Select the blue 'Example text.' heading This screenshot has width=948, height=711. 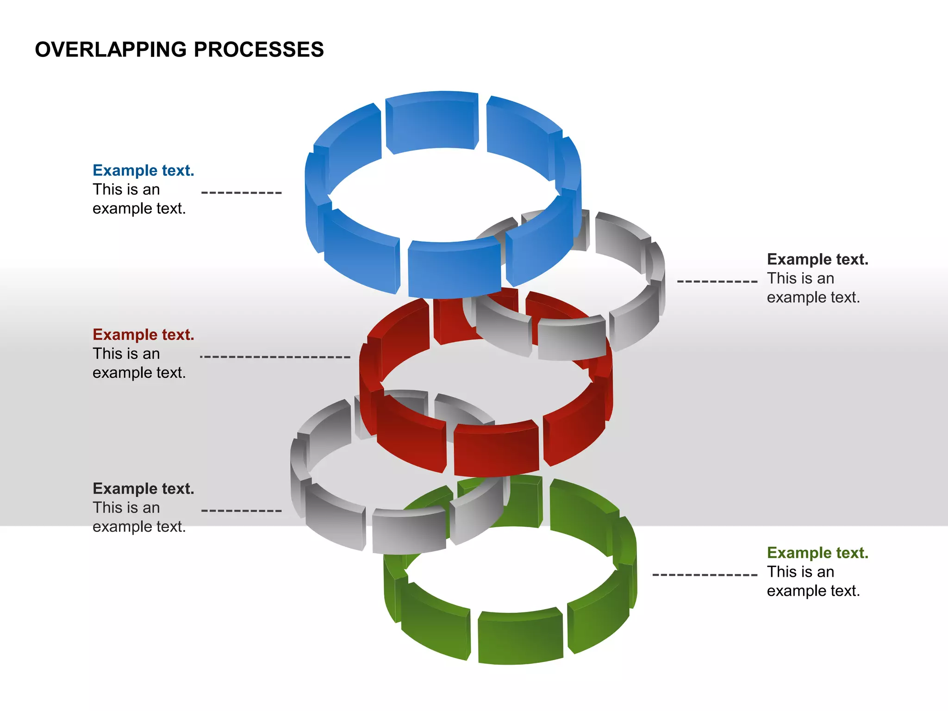[x=143, y=170]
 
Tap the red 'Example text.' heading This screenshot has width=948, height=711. [x=143, y=335]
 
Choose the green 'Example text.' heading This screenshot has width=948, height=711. [x=817, y=553]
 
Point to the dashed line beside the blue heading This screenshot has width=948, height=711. [x=241, y=193]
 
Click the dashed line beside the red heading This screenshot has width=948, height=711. [x=275, y=357]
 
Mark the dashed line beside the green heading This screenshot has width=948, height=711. [x=705, y=575]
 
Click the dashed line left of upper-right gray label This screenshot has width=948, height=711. [x=717, y=281]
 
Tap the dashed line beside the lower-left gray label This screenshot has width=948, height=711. [x=241, y=511]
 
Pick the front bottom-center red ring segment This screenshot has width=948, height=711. [x=496, y=449]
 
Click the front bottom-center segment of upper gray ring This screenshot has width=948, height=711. [x=572, y=340]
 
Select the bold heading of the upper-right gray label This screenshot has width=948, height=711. [x=817, y=259]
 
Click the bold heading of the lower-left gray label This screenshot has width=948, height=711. [x=143, y=489]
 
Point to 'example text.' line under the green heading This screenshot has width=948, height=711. [x=813, y=591]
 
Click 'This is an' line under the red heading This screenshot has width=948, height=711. [x=126, y=354]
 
